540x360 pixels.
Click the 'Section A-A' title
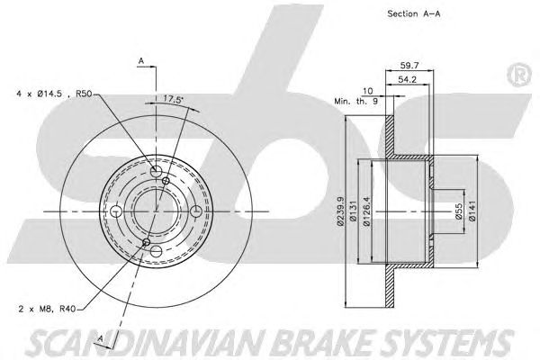[414, 13]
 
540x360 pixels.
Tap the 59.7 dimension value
[409, 65]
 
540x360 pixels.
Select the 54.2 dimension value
[407, 79]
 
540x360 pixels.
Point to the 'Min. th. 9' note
[356, 102]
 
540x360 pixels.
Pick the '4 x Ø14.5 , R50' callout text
[54, 94]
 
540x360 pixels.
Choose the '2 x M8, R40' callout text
[47, 309]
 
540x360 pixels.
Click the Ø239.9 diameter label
[340, 211]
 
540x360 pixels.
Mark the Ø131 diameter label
[352, 211]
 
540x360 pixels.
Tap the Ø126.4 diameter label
[367, 211]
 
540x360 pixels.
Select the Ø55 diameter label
[458, 211]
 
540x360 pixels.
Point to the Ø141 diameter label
[472, 211]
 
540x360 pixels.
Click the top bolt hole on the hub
[156, 171]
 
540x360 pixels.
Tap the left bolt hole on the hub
[116, 211]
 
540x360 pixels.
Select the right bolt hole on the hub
[196, 211]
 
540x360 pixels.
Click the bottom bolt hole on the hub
[156, 251]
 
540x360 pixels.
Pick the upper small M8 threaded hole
[166, 181]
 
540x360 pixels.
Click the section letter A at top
[141, 61]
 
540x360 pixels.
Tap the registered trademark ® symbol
[519, 75]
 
